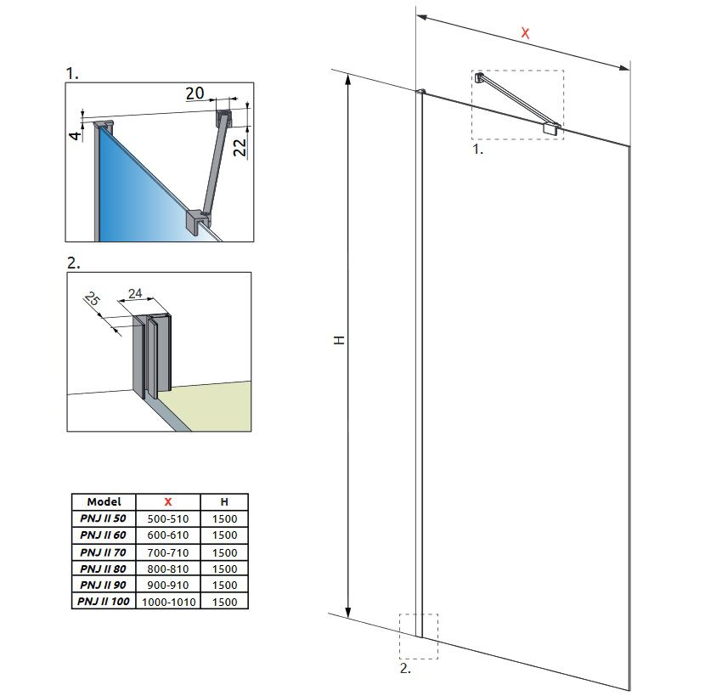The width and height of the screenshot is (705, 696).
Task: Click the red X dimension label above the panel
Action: click(525, 33)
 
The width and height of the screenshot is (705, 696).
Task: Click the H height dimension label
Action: click(339, 340)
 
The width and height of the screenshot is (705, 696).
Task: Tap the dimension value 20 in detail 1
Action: click(195, 93)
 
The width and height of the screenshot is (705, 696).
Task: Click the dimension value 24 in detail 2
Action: click(134, 294)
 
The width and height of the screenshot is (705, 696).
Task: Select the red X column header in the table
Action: click(167, 501)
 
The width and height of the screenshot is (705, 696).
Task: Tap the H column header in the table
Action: click(224, 501)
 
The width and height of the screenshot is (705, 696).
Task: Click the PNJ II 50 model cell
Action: click(104, 518)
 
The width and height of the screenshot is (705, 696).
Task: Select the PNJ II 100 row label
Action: click(104, 601)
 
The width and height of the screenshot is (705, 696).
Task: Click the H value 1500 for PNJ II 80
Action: click(224, 569)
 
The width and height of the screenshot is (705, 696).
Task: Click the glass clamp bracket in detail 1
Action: click(198, 221)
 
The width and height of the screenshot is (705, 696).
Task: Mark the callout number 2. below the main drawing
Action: click(405, 669)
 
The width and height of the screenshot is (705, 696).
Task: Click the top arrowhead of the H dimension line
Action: click(347, 80)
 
